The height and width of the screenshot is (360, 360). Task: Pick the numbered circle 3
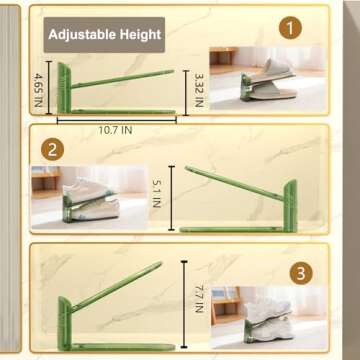pyautogui.click(x=300, y=272)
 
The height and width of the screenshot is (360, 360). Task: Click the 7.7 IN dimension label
pyautogui.click(x=202, y=299)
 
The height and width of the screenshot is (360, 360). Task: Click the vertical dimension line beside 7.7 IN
pyautogui.click(x=186, y=297)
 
